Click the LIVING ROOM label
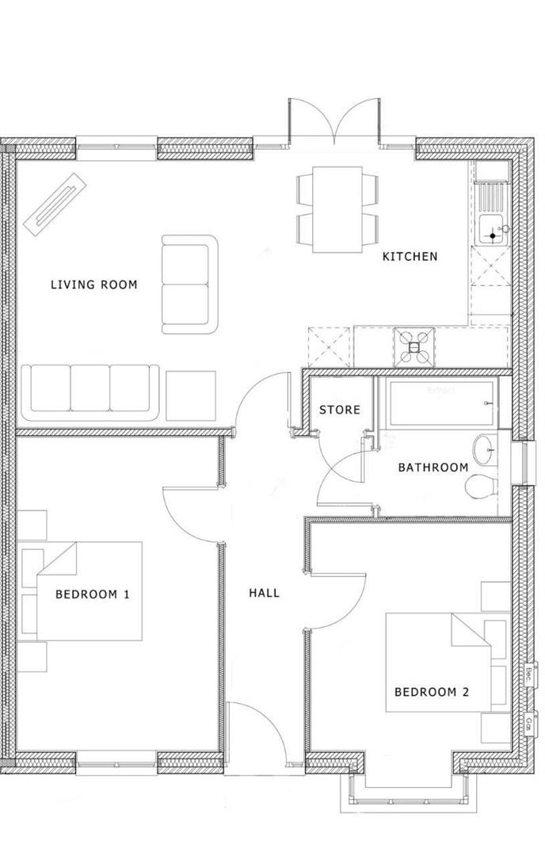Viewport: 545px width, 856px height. [93, 285]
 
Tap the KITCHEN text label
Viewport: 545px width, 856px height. [410, 257]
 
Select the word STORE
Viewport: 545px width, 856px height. [339, 410]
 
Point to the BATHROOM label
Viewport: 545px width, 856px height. [433, 468]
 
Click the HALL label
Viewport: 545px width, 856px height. [264, 592]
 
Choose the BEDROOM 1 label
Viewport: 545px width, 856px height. [92, 594]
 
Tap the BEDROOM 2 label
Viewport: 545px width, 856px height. [432, 692]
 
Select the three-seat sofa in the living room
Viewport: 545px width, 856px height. [90, 392]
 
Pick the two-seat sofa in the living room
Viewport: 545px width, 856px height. [189, 284]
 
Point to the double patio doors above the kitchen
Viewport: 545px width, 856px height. [333, 124]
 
